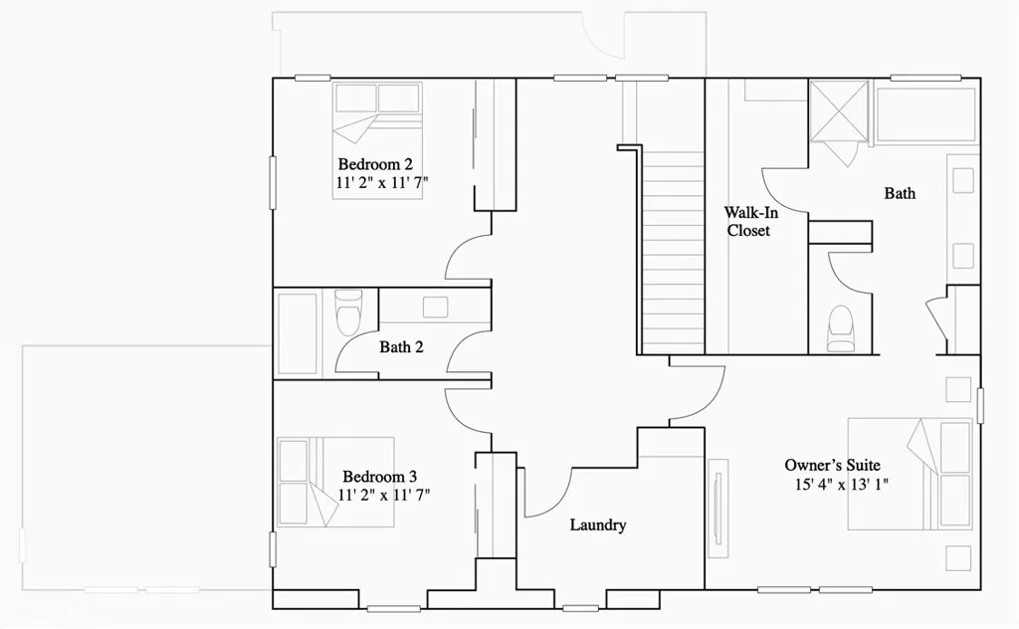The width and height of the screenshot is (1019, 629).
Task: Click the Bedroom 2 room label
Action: click(x=374, y=164)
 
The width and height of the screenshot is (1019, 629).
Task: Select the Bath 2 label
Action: click(x=401, y=347)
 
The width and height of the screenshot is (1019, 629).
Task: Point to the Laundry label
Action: click(x=597, y=524)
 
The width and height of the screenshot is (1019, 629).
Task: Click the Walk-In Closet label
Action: click(x=748, y=221)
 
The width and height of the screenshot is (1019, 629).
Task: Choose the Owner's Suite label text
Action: click(x=832, y=465)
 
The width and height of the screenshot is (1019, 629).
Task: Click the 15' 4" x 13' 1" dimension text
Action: click(x=841, y=485)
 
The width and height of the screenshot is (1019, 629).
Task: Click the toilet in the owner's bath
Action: click(x=841, y=328)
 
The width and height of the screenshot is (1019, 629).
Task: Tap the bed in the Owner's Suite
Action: click(x=910, y=474)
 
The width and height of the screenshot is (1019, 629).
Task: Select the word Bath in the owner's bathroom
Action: click(x=900, y=193)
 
